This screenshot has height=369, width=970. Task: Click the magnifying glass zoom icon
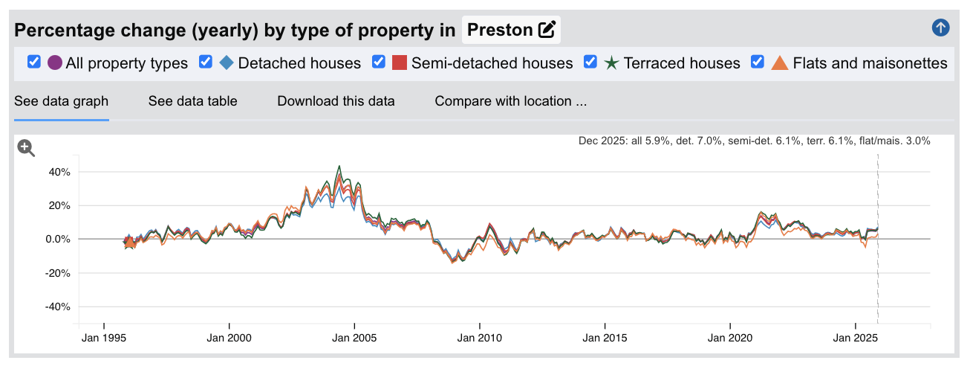point(26,148)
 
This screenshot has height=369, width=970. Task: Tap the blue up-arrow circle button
point(940,28)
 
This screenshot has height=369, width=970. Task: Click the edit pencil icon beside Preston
point(547,30)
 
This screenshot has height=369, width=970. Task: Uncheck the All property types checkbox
point(33,62)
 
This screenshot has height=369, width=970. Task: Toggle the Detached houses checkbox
point(206,62)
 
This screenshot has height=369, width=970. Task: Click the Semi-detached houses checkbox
point(379,62)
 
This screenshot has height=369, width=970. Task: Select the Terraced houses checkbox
point(590,62)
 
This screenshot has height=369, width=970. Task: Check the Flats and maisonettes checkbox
point(758,62)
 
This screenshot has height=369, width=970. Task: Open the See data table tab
point(192,101)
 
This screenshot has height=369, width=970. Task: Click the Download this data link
point(336,101)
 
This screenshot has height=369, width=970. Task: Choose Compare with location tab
point(511,101)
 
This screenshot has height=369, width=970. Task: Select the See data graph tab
point(61,101)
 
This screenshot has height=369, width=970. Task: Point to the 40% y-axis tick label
point(59,172)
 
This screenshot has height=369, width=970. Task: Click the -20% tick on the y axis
point(58,273)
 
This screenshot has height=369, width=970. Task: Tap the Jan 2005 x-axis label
point(354,338)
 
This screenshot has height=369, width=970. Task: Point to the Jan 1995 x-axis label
point(104,338)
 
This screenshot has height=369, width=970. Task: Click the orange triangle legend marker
point(780,62)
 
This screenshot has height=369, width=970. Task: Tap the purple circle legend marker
point(54,62)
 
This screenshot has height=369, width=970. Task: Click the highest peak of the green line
point(339,166)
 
